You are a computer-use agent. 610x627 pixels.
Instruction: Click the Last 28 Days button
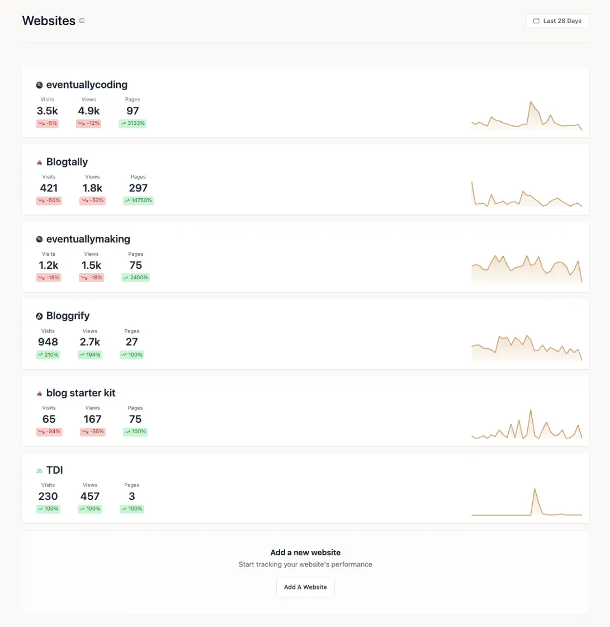557,21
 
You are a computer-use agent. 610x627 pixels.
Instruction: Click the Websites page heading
49,21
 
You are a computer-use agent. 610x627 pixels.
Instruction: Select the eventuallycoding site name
87,85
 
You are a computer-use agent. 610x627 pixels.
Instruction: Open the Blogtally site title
67,162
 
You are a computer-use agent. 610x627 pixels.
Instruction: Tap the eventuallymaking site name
88,239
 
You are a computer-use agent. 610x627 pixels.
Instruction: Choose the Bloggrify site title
68,316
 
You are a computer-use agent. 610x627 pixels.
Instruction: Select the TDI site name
54,470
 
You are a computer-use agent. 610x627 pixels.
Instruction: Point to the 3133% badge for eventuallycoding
133,123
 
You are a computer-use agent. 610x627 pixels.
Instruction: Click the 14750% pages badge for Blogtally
138,200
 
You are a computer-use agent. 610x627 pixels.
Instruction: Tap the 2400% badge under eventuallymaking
135,278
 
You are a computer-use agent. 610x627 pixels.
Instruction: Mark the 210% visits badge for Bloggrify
48,354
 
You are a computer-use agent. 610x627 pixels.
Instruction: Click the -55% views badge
92,432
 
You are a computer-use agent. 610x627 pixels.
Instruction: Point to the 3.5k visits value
48,111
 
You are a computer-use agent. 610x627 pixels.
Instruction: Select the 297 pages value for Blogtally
138,188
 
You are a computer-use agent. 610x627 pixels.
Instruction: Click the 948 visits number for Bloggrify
48,342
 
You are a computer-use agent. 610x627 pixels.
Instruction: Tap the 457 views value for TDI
90,497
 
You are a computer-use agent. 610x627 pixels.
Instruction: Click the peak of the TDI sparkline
535,489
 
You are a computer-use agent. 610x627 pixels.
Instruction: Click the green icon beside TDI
39,471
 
